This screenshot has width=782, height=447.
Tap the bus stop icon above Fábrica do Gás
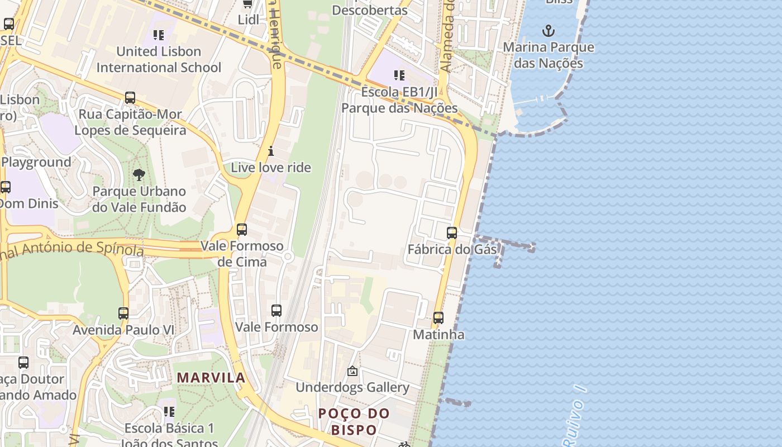pos(452,233)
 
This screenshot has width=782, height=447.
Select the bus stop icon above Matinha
pos(438,318)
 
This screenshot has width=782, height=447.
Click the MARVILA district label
pos(211,378)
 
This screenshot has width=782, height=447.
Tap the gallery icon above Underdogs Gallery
pos(352,371)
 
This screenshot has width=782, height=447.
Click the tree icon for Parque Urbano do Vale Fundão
pos(139,175)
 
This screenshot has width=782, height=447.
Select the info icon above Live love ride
pos(271,151)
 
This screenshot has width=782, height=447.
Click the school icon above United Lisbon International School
pos(159,35)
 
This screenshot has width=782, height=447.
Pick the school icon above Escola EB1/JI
pos(399,75)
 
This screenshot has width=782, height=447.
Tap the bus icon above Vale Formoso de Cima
pos(242,230)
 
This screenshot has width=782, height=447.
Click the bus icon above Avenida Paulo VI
pos(123,313)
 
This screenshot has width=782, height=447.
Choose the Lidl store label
pos(249,20)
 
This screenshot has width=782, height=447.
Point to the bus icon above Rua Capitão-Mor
pos(130,98)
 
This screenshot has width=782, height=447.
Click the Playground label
pos(36,163)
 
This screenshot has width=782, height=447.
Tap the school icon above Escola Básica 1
pos(169,412)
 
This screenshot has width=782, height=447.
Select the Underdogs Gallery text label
pos(352,387)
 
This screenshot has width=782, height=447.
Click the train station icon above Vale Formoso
pos(276,311)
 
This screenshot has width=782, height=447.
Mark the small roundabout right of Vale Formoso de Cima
pos(288,256)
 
